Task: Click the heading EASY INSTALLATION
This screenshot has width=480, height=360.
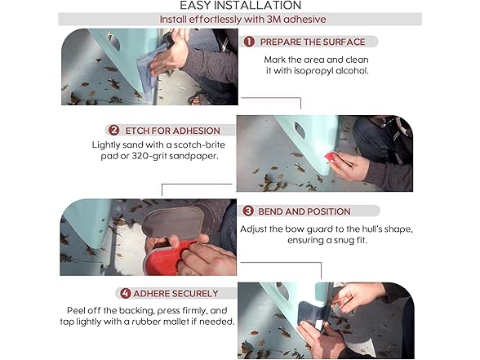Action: coord(240,5)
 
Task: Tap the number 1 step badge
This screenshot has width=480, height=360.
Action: coord(249,42)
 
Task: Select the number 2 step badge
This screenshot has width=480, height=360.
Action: coord(114,131)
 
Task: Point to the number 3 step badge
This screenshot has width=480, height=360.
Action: coord(248,211)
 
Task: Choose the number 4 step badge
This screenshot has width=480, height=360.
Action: coord(126,293)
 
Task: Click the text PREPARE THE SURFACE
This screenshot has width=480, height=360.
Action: coord(313,42)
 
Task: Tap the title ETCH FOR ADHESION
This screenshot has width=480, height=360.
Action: coord(173,131)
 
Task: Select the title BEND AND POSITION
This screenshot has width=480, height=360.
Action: coord(304,211)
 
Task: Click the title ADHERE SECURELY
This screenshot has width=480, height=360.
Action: coord(176,294)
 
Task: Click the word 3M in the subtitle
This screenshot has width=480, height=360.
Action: coord(274,20)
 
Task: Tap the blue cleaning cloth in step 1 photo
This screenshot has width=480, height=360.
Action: coord(149,69)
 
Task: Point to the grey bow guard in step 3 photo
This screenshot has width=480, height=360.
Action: coord(173,222)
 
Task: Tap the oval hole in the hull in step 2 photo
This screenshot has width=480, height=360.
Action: coord(300,130)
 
